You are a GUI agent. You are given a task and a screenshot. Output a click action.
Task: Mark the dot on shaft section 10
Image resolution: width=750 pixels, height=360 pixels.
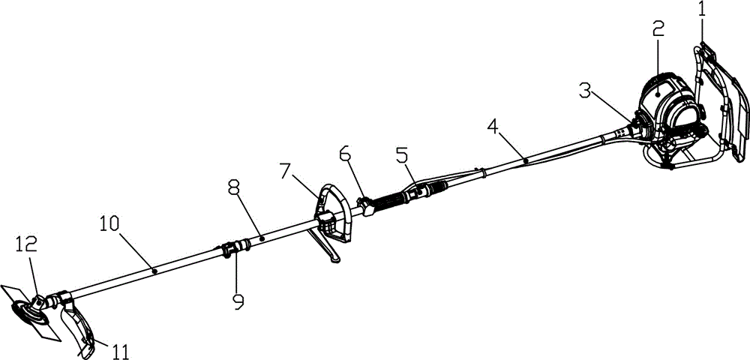pyautogui.click(x=154, y=268)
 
